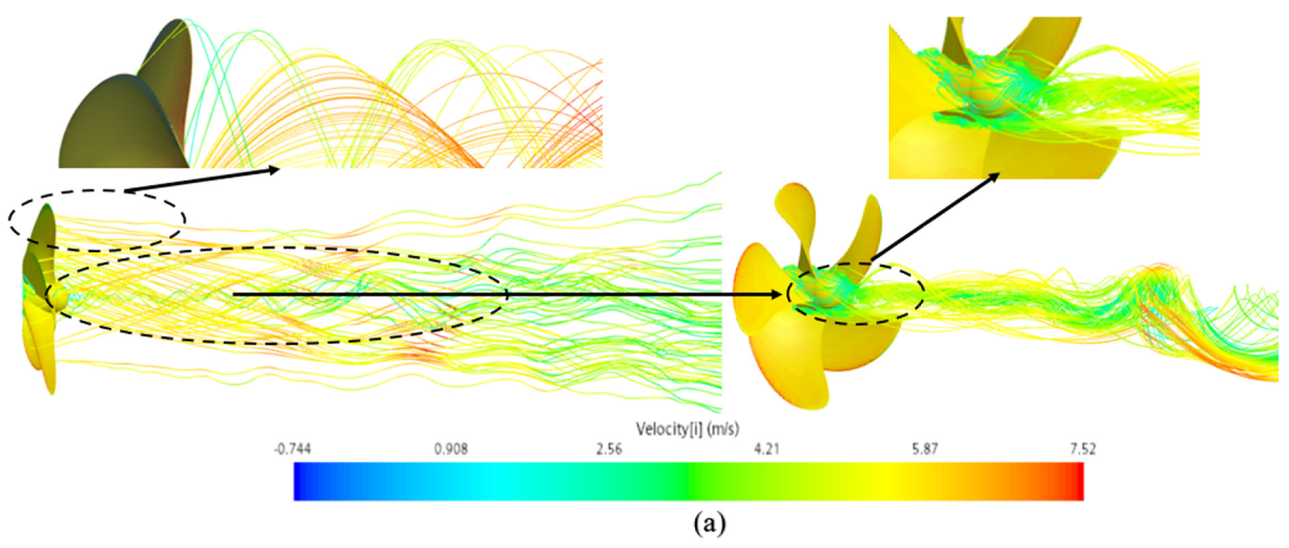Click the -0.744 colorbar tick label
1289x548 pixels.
tap(292, 448)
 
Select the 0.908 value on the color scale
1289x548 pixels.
tap(451, 448)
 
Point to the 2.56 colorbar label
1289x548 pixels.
tap(609, 448)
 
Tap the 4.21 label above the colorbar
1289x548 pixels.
tap(767, 448)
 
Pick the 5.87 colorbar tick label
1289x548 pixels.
tap(925, 448)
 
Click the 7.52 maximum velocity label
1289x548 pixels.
tap(1083, 448)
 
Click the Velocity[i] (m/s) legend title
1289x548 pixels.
tap(688, 429)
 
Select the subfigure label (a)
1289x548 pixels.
tap(709, 524)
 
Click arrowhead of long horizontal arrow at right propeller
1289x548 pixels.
tap(774, 295)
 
